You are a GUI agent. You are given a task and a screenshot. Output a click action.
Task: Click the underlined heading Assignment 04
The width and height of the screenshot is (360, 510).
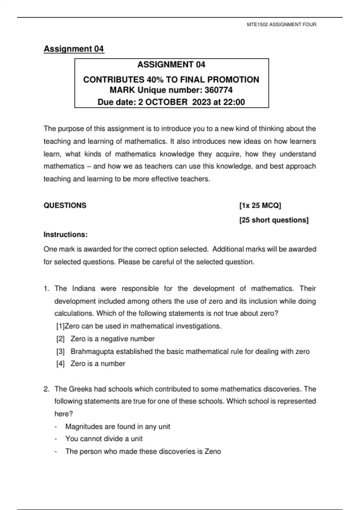[74, 49]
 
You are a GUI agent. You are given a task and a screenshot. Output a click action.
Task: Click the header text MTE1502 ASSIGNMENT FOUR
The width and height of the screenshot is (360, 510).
[281, 25]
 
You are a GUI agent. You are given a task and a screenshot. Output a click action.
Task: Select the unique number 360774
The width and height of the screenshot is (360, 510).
[218, 90]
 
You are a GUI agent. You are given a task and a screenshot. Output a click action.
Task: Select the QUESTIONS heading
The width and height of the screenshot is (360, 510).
[65, 205]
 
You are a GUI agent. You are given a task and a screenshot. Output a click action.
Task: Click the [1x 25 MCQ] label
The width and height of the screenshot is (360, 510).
[260, 205]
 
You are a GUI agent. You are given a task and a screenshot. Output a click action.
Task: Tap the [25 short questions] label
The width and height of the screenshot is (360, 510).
[274, 220]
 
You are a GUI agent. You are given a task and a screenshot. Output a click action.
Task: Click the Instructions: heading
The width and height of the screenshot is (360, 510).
[66, 235]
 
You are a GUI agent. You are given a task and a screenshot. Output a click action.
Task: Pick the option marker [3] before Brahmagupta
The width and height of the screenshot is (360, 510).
[61, 352]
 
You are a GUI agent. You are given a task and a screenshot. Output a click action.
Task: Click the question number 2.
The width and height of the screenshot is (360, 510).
[46, 389]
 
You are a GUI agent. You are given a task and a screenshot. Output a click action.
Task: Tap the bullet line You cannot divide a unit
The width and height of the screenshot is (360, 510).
[104, 439]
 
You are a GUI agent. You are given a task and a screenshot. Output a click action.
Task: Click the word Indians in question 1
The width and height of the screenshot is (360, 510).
[83, 289]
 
